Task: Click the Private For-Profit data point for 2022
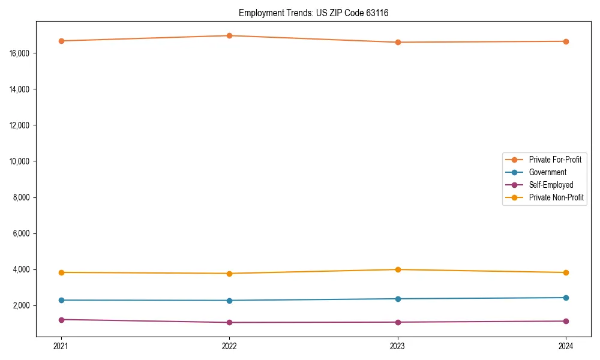pos(229,35)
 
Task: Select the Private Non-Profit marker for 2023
pos(398,269)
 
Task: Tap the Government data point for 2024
pos(566,298)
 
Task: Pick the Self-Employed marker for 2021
pos(61,320)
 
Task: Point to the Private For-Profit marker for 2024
pos(566,41)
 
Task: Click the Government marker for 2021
pos(61,300)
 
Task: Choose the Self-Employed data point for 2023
pos(398,322)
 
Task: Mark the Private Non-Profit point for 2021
pos(61,272)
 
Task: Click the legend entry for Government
pos(547,172)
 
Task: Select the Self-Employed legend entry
pos(551,185)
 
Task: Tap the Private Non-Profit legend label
pos(556,197)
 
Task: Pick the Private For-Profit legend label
pos(555,160)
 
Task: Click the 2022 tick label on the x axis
pos(229,346)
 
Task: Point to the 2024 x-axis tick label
pos(566,346)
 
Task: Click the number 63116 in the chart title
pos(377,13)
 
